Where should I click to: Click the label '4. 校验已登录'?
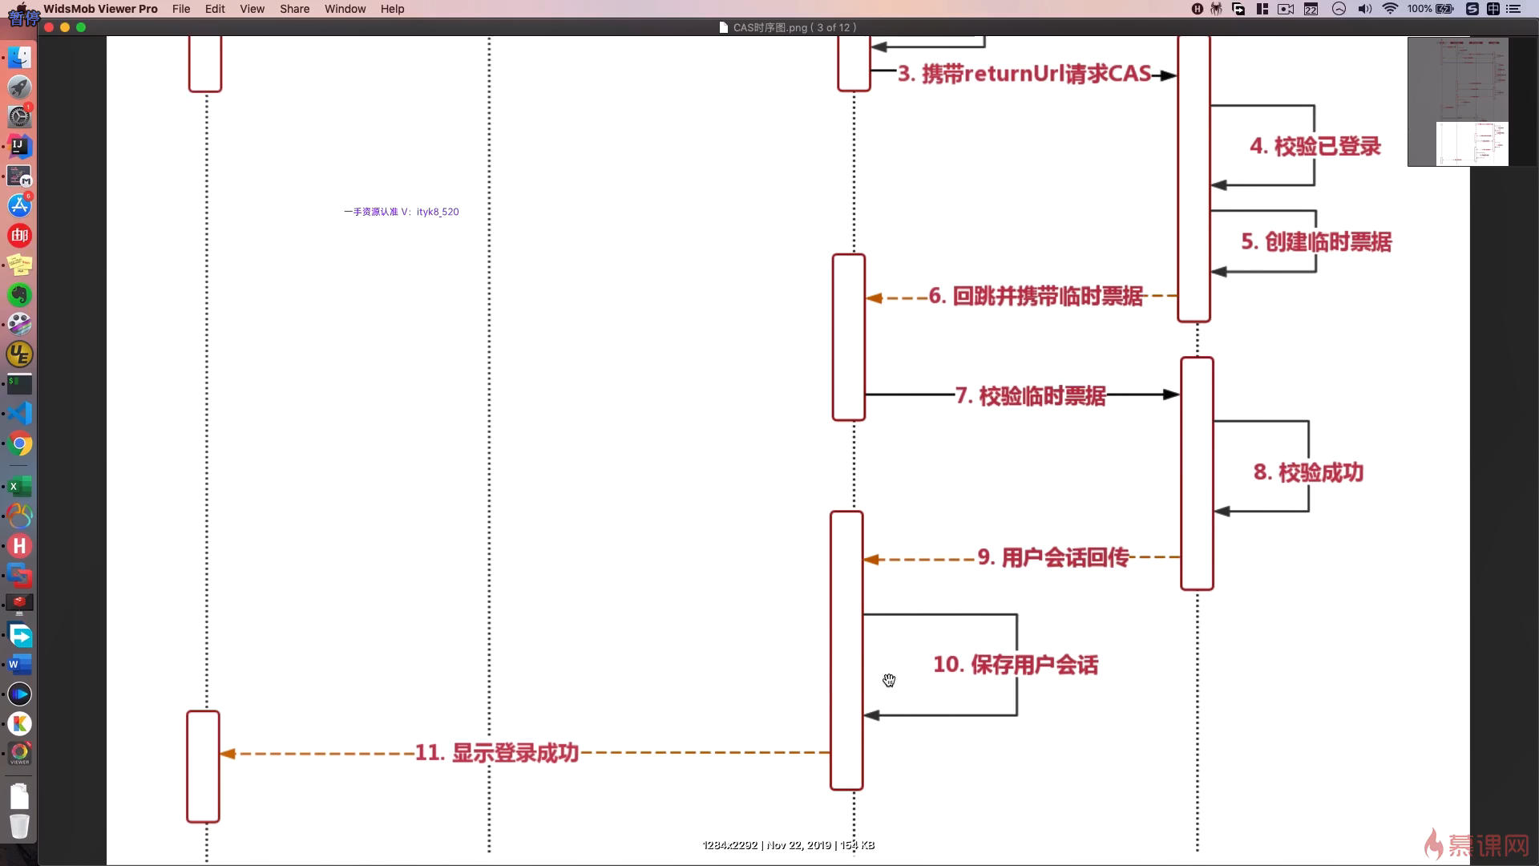coord(1315,147)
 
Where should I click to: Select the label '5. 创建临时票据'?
coord(1316,242)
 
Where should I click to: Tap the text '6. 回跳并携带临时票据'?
coord(1036,297)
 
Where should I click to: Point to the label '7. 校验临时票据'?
coord(1030,396)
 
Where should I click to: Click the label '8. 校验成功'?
coord(1308,473)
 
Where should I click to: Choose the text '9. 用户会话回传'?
coord(1052,558)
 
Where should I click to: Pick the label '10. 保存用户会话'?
coord(1016,665)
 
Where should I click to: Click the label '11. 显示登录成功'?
coord(496,753)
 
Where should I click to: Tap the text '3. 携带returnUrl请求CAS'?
coord(1024,75)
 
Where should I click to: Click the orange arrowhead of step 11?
coord(228,754)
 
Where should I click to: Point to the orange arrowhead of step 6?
coord(875,298)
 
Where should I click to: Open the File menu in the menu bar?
coord(181,9)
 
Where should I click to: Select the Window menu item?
coord(345,9)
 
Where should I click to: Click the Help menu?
coord(392,9)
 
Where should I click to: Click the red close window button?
coord(49,27)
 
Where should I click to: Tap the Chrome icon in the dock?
coord(20,443)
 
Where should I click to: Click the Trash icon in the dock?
coord(19,826)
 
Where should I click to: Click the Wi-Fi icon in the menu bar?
coord(1390,9)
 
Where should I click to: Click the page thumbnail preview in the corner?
coord(1457,102)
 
